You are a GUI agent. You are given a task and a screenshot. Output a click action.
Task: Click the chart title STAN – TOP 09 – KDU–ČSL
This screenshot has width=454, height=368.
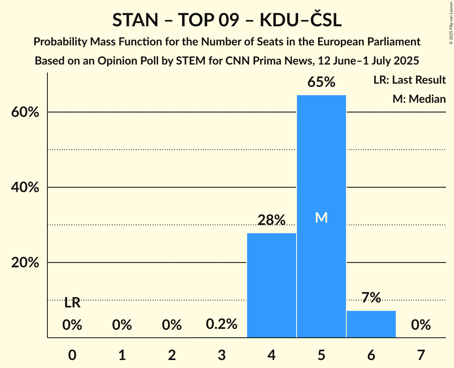[x=227, y=20]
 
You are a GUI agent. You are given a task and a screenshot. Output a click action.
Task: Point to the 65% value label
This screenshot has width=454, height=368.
[x=321, y=82]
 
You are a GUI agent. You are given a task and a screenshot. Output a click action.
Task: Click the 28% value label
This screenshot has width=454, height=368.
[x=271, y=220]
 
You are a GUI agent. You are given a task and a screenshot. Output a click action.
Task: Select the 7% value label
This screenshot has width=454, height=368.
[x=371, y=298]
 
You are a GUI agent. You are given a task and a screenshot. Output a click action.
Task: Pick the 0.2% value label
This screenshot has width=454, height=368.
[x=222, y=325]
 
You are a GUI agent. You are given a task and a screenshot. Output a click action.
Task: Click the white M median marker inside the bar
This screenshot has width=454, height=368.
[x=321, y=217]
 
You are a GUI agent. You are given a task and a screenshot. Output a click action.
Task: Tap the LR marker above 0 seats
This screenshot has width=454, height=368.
[x=72, y=303]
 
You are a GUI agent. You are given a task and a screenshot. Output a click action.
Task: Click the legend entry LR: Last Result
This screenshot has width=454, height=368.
[x=409, y=80]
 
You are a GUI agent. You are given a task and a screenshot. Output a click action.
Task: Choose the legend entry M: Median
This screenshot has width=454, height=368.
[x=419, y=99]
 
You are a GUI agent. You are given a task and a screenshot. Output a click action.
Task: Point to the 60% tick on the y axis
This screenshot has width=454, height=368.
[x=24, y=112]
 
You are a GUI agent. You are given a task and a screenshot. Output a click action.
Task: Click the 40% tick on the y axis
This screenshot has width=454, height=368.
[x=24, y=188]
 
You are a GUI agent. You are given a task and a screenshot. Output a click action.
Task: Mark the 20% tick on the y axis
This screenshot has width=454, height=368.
[x=24, y=263]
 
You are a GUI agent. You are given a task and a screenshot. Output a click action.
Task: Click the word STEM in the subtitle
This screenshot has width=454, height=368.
[x=178, y=61]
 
